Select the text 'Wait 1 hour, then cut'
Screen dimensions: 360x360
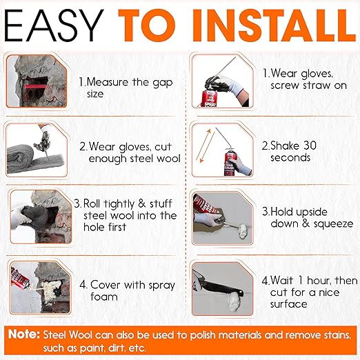(x=306, y=287)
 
